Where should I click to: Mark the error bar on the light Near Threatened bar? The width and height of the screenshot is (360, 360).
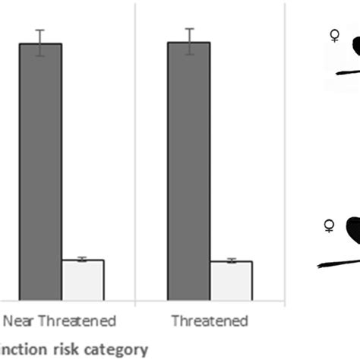tap(82, 260)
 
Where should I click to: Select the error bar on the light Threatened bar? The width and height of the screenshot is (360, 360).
tap(231, 261)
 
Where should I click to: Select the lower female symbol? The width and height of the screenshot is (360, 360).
tap(329, 226)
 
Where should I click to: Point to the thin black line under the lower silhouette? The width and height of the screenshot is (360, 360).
tap(338, 263)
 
